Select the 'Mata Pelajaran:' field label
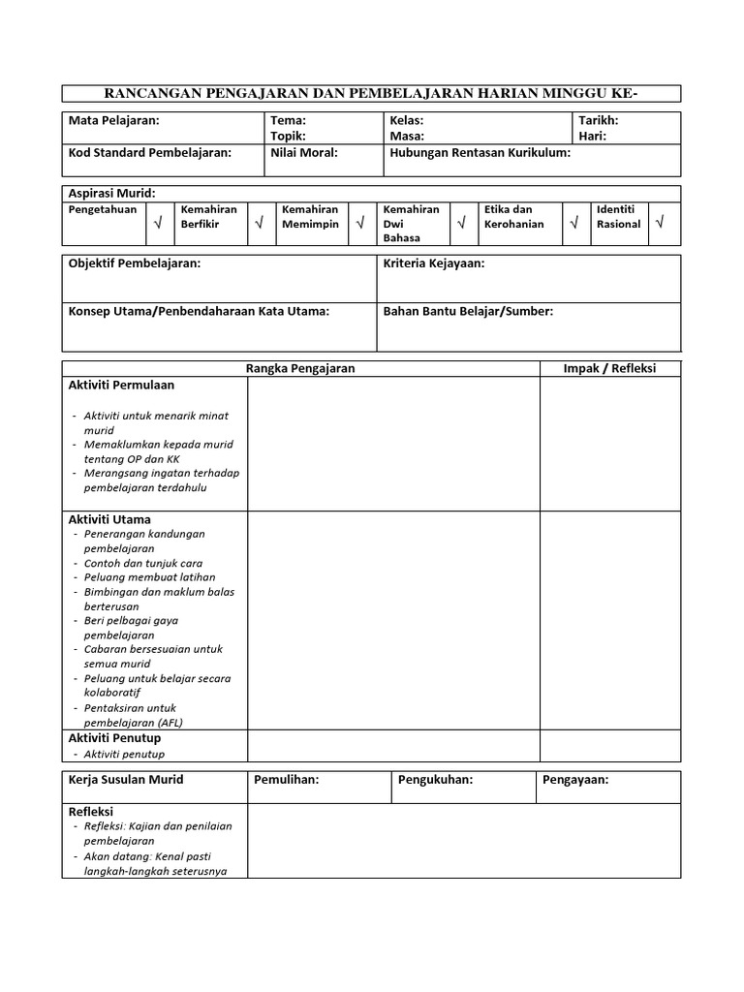coord(114,121)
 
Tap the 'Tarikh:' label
coord(598,121)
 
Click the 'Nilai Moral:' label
coord(303,153)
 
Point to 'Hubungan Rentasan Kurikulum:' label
coord(480,153)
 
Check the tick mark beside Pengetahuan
coord(157,224)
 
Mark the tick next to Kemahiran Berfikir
coord(259,224)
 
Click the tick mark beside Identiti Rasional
coord(660,223)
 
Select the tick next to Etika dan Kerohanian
coord(573,224)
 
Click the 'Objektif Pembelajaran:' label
coord(135,263)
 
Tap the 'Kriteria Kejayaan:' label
coord(434,263)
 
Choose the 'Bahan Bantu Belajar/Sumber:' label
coord(468,311)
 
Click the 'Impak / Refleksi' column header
coord(609,368)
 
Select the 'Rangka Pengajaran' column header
coord(300,368)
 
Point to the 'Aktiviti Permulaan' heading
coord(121,385)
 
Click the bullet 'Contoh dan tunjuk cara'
coord(143,563)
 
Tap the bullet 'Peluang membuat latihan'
coord(150,577)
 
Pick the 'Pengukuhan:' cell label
coord(435,780)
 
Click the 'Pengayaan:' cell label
coord(575,780)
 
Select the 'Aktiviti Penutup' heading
coord(114,738)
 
